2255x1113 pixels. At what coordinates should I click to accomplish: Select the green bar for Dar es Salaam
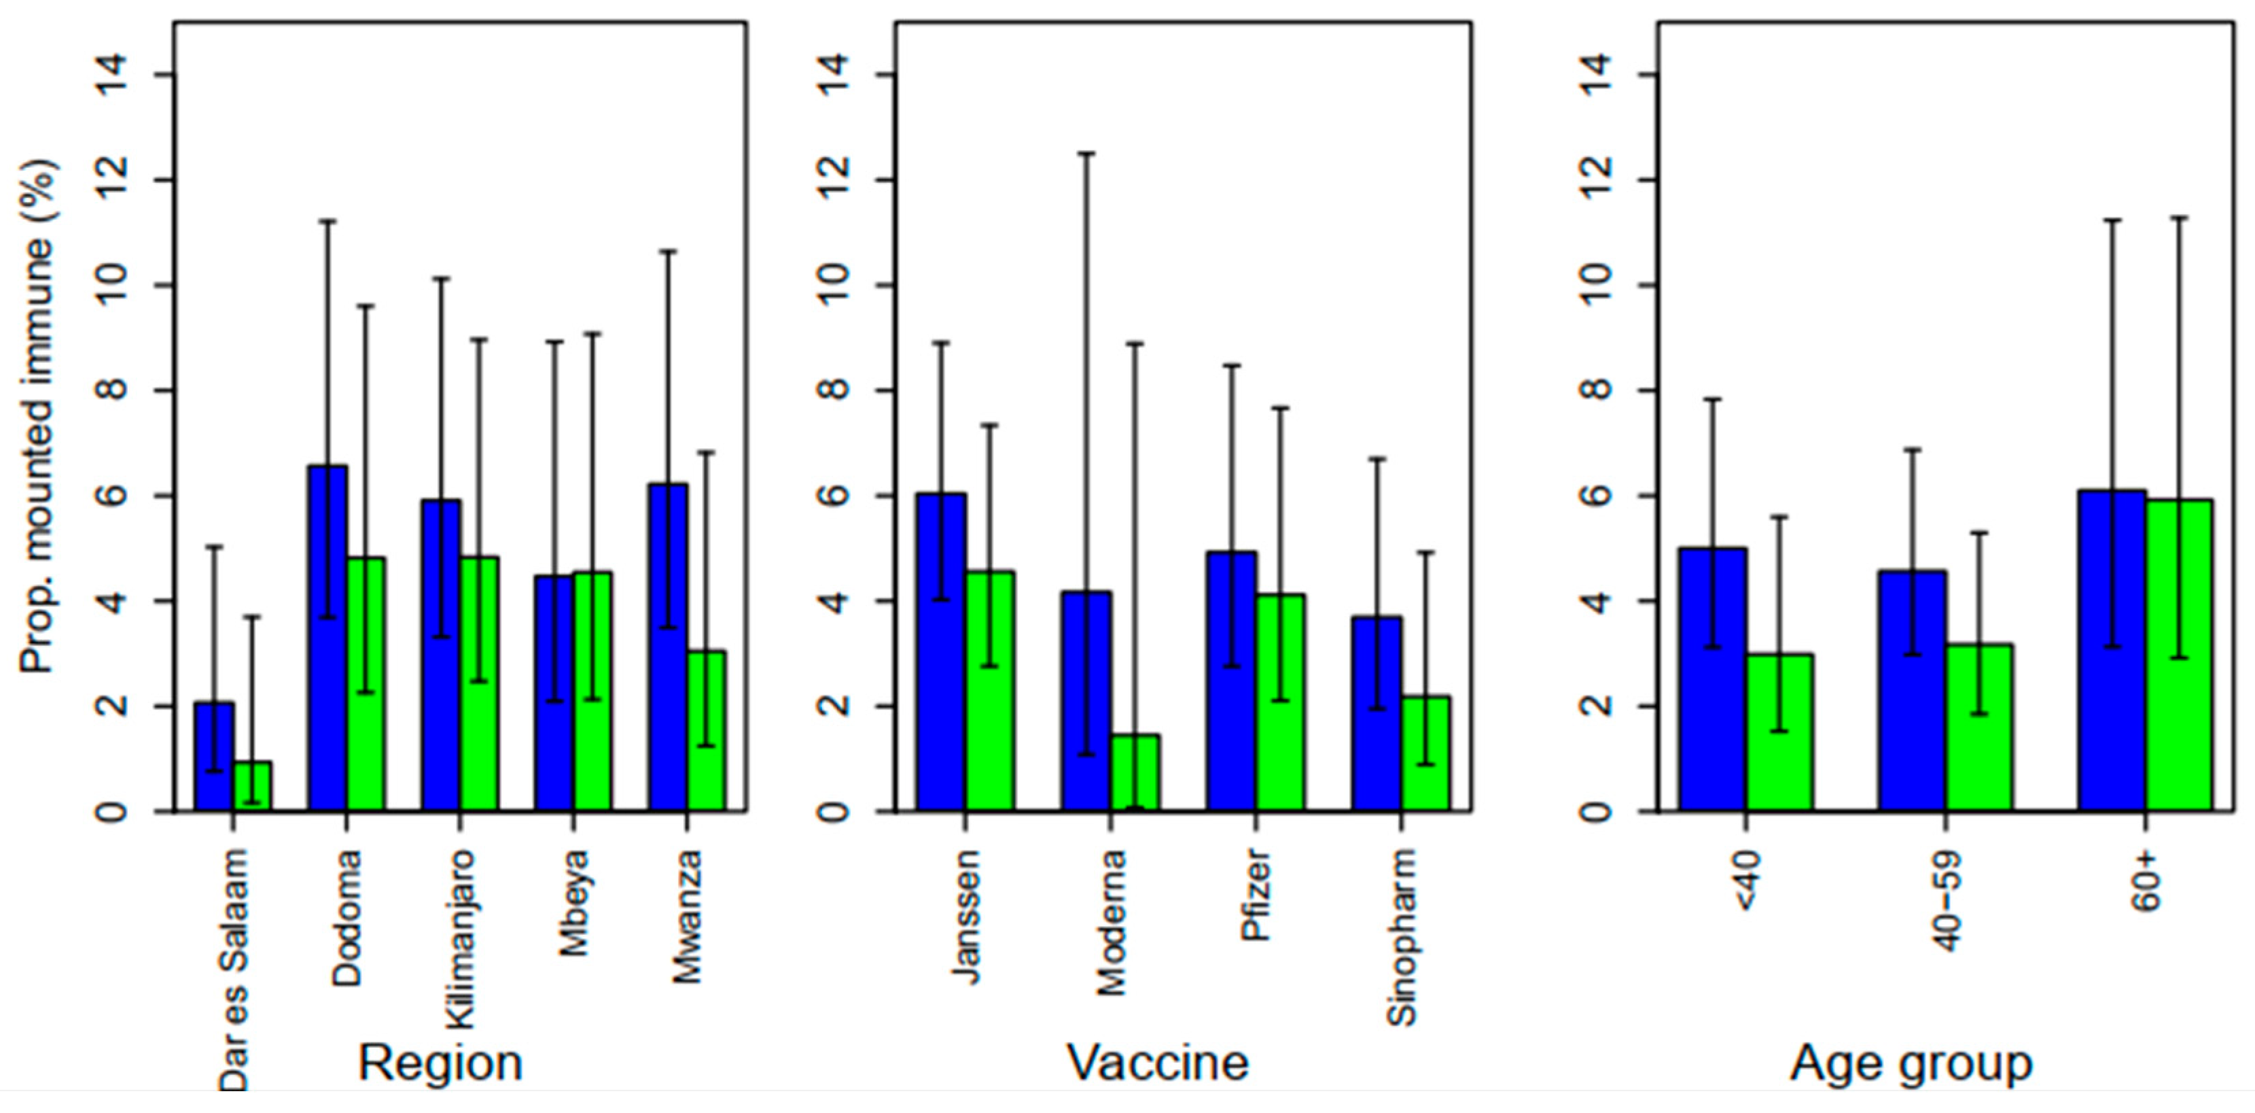point(252,787)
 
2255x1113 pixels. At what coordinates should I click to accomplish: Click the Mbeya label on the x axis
point(574,903)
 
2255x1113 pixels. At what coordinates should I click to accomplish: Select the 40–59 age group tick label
point(1946,902)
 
